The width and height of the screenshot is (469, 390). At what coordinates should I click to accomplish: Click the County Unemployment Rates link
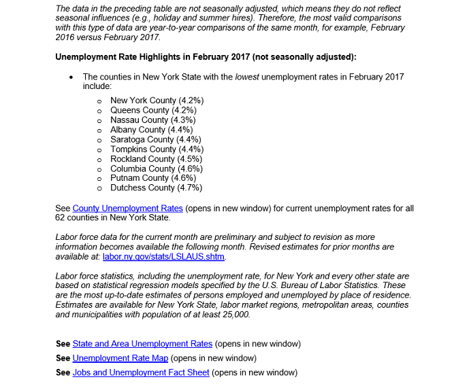(127, 209)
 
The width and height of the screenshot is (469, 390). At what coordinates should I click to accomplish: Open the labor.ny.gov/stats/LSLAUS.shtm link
(163, 257)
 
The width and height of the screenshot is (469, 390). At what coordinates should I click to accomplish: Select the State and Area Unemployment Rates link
(142, 344)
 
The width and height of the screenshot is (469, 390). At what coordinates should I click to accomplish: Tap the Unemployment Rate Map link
(120, 358)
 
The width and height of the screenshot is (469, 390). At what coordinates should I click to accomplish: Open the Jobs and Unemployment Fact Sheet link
(141, 372)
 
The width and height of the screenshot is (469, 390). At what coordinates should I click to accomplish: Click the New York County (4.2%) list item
(157, 101)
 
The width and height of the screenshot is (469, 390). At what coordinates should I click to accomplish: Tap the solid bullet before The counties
(71, 77)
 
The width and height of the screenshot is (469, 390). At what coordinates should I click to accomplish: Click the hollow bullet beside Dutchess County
(99, 188)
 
